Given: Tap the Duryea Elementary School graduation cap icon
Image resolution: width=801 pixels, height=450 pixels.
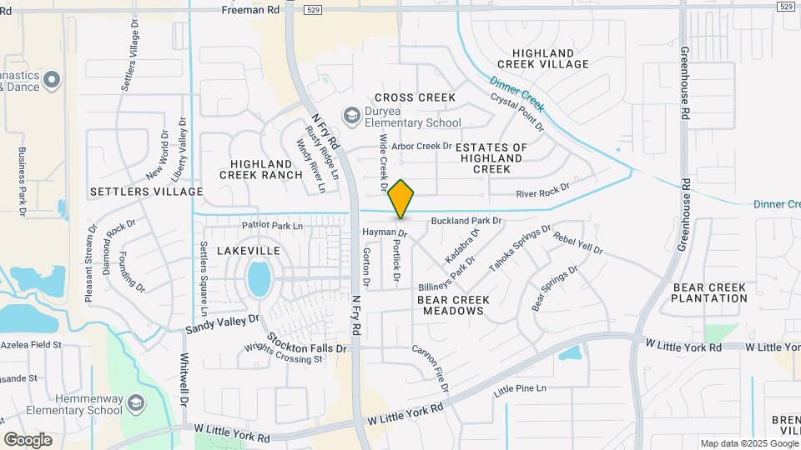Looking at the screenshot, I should tap(352, 114).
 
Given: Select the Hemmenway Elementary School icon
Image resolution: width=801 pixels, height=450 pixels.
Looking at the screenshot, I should tap(134, 405).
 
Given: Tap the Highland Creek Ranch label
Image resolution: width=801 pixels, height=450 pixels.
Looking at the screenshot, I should tap(261, 169).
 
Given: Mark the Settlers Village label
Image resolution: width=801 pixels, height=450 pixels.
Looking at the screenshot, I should tap(146, 192).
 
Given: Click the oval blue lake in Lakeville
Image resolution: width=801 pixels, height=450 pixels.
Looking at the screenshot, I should tap(259, 278).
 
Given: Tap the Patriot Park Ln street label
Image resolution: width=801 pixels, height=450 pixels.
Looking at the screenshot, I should tap(272, 226).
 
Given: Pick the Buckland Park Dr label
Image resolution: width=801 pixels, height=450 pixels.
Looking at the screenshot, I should tap(466, 221).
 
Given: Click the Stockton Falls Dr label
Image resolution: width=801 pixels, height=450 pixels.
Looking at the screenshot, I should tap(306, 342).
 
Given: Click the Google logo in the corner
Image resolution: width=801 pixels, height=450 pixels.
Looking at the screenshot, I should tap(28, 440).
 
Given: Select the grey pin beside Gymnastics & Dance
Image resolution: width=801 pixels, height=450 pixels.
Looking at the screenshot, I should tap(52, 80).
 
